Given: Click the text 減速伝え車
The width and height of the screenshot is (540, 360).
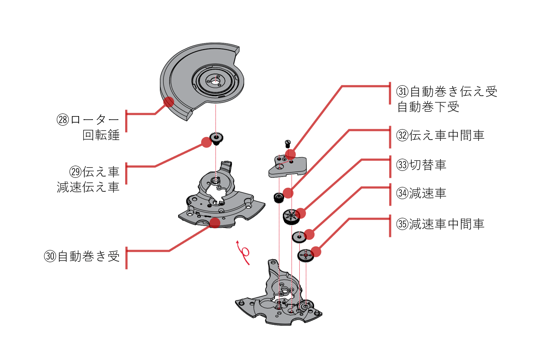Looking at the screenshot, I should point(88,187).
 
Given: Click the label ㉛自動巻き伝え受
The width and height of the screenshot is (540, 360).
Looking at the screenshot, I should point(447,92).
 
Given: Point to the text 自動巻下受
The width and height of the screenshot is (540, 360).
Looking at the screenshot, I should point(428,107).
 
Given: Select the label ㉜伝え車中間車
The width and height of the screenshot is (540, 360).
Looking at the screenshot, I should point(441,135).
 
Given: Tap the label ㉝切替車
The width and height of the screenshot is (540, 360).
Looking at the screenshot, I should point(421,165).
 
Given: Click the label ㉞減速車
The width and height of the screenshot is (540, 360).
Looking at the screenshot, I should point(421,193).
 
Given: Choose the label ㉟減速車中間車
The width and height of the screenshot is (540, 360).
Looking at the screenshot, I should point(441,224).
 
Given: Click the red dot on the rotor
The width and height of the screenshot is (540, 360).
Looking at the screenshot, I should point(169,102).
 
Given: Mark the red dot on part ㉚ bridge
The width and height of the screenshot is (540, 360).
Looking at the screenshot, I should point(215,223).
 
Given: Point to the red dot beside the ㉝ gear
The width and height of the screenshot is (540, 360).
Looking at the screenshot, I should point(301,213).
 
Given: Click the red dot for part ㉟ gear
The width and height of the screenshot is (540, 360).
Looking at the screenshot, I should point(316,251).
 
